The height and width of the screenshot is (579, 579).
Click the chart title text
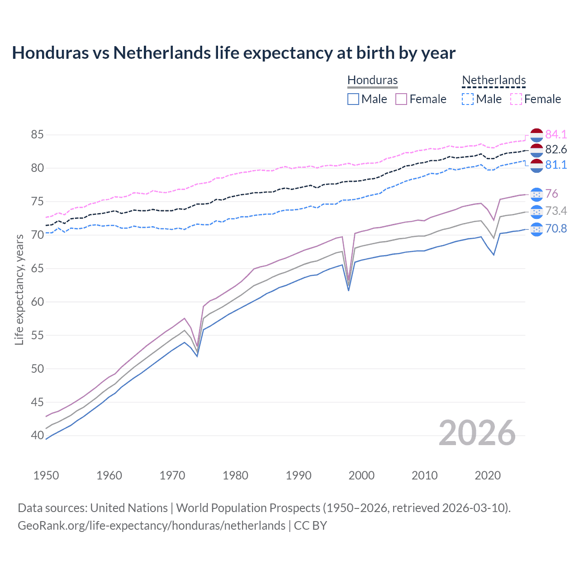pos(233,53)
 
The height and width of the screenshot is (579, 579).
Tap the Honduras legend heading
pos(372,80)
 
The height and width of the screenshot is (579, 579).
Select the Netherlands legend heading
pos(494,80)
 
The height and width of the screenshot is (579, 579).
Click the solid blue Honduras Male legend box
pos(353,99)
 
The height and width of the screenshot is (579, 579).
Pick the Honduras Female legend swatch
pos(401,99)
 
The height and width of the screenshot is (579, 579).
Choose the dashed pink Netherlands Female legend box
pos(516,99)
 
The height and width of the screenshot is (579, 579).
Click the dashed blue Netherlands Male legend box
pos(468,99)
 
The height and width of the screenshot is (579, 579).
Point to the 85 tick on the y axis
pos(38,135)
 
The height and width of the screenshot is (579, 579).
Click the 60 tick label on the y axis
pos(38,302)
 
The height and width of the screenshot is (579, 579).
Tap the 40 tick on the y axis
pos(38,436)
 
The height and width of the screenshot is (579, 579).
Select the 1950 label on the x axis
pos(46,475)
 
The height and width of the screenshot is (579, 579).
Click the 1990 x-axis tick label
pos(299,475)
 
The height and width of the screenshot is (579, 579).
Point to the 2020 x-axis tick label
pos(488,475)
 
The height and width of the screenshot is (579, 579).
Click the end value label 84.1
pos(556,135)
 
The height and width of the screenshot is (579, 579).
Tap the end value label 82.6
pos(556,150)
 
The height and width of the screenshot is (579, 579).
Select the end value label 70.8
pos(556,229)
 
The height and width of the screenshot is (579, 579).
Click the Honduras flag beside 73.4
pos(536,211)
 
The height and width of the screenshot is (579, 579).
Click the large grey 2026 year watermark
pos(477,433)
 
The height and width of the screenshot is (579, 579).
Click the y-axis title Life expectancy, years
pos(19,289)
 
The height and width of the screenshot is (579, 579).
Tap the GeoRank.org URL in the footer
pos(152,526)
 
